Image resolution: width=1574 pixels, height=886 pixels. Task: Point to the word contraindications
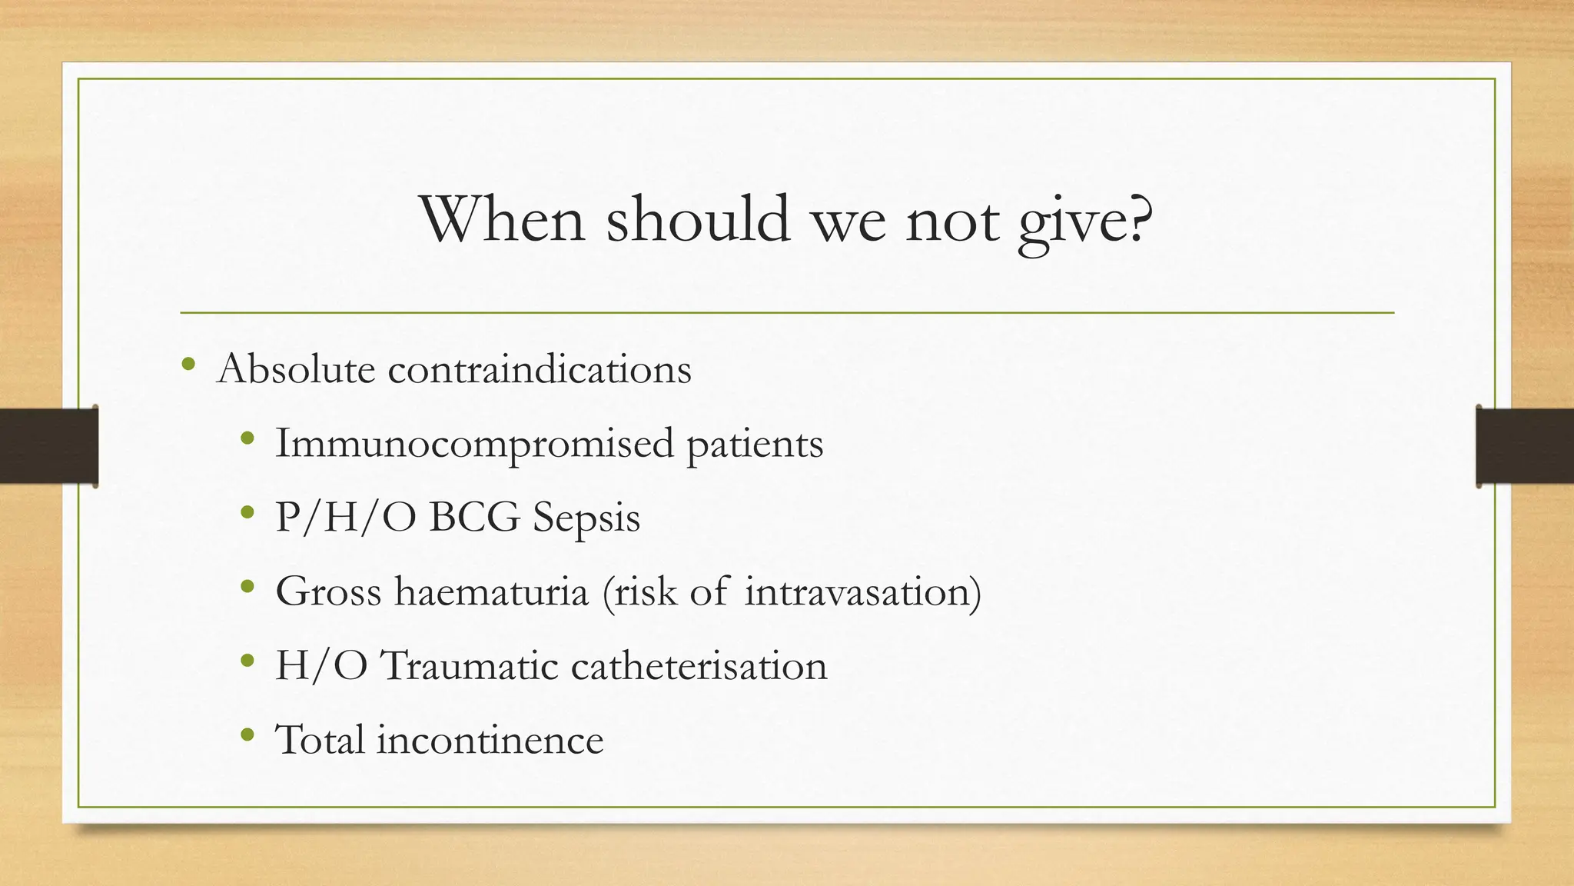click(540, 369)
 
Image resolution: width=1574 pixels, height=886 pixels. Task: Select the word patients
click(754, 444)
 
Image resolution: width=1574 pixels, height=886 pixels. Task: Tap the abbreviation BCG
click(474, 517)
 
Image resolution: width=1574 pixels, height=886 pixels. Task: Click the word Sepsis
click(586, 518)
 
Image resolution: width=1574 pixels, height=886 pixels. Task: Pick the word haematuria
click(491, 591)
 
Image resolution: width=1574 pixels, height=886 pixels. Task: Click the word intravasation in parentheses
click(858, 591)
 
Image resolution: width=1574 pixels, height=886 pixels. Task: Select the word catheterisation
click(699, 665)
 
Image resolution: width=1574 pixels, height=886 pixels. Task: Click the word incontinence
click(490, 739)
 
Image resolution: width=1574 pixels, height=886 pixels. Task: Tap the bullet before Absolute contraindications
click(188, 364)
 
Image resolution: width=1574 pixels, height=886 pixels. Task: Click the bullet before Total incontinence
click(247, 734)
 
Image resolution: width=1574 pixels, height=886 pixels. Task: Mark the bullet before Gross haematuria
click(247, 587)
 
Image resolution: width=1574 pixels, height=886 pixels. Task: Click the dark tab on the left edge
click(48, 446)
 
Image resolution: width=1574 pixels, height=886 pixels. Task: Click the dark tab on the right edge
click(1524, 446)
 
